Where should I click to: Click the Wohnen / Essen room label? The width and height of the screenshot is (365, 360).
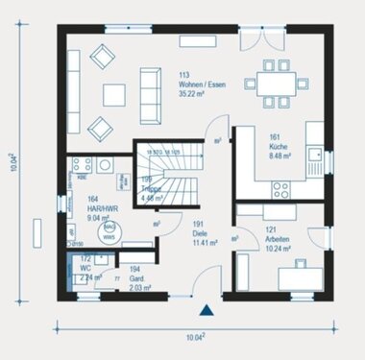pos(201,84)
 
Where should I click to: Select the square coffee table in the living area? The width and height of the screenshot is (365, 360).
pos(114,93)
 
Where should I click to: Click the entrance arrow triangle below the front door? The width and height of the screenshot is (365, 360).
pos(205,310)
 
